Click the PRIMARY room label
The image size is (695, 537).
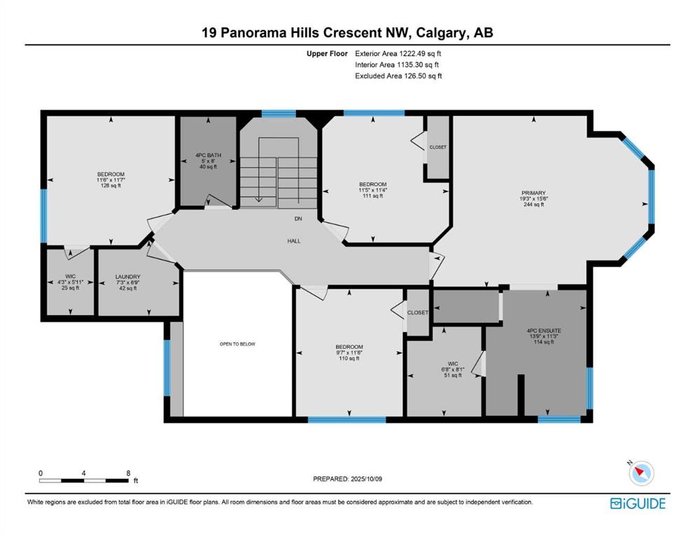tap(533, 193)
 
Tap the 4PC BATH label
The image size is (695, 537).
tap(209, 155)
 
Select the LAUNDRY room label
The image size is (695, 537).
tap(127, 277)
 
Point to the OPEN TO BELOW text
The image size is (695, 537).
tap(237, 344)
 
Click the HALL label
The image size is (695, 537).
tap(294, 241)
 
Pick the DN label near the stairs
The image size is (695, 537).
tap(298, 219)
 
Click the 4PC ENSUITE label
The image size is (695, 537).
tap(544, 331)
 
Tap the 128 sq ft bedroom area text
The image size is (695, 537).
tap(111, 186)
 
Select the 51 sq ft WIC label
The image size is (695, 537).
tap(453, 375)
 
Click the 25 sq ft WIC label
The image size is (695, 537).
tap(70, 288)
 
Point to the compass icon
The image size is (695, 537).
tap(641, 473)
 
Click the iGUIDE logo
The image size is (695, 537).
tap(638, 503)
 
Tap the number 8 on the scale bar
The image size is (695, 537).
tap(128, 473)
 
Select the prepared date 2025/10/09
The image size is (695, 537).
tap(366, 479)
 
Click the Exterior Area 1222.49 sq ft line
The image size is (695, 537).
tap(398, 54)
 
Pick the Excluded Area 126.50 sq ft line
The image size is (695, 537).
tap(398, 76)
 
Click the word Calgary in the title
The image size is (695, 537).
tap(438, 33)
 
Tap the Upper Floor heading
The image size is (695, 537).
tap(327, 54)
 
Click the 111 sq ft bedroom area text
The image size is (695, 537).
tap(373, 196)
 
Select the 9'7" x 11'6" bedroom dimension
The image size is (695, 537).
tap(349, 353)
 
